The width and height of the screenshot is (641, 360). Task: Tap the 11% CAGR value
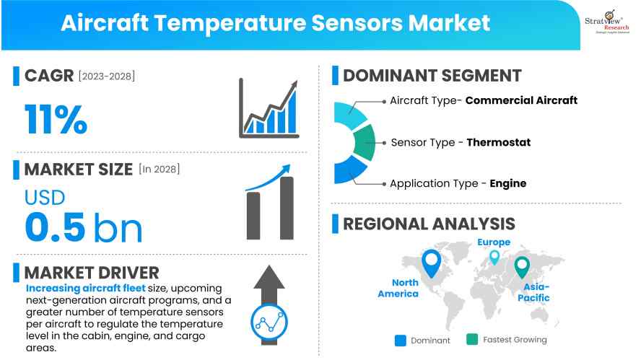point(56,120)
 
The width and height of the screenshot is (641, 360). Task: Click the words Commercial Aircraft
point(521,100)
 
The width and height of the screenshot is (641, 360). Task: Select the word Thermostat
point(498,142)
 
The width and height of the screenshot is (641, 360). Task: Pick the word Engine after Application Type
point(507,183)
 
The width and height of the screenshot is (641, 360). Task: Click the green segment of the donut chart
point(362,142)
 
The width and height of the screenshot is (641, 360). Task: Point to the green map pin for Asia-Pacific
point(521,268)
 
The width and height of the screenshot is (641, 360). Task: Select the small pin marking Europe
point(494,256)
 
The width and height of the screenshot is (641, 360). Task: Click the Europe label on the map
point(494,242)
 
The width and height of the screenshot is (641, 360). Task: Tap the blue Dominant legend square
point(401,340)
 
